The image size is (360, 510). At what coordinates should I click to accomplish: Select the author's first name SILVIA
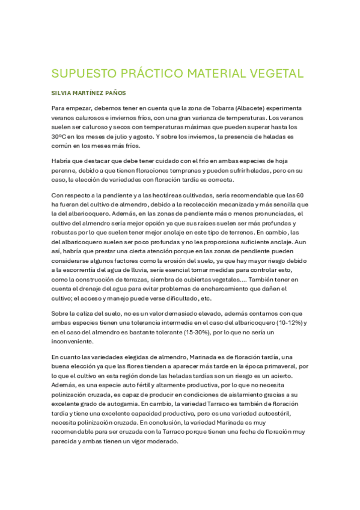tap(62, 94)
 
